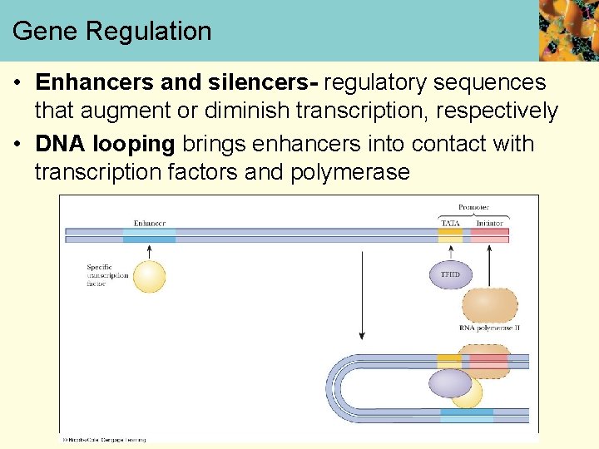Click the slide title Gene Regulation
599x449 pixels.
(112, 32)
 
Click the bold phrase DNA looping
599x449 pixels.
(105, 144)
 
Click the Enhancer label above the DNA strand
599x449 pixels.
(150, 223)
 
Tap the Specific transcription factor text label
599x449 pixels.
(106, 275)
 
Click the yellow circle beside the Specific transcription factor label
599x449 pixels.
(150, 276)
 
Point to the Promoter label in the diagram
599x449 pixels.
(473, 207)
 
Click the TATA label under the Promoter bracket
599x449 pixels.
(449, 223)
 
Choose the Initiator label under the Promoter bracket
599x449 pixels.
(490, 223)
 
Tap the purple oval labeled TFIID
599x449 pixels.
(449, 274)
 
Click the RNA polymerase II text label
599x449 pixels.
(489, 328)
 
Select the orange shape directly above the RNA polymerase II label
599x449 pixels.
(489, 304)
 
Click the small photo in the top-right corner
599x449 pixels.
(568, 31)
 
